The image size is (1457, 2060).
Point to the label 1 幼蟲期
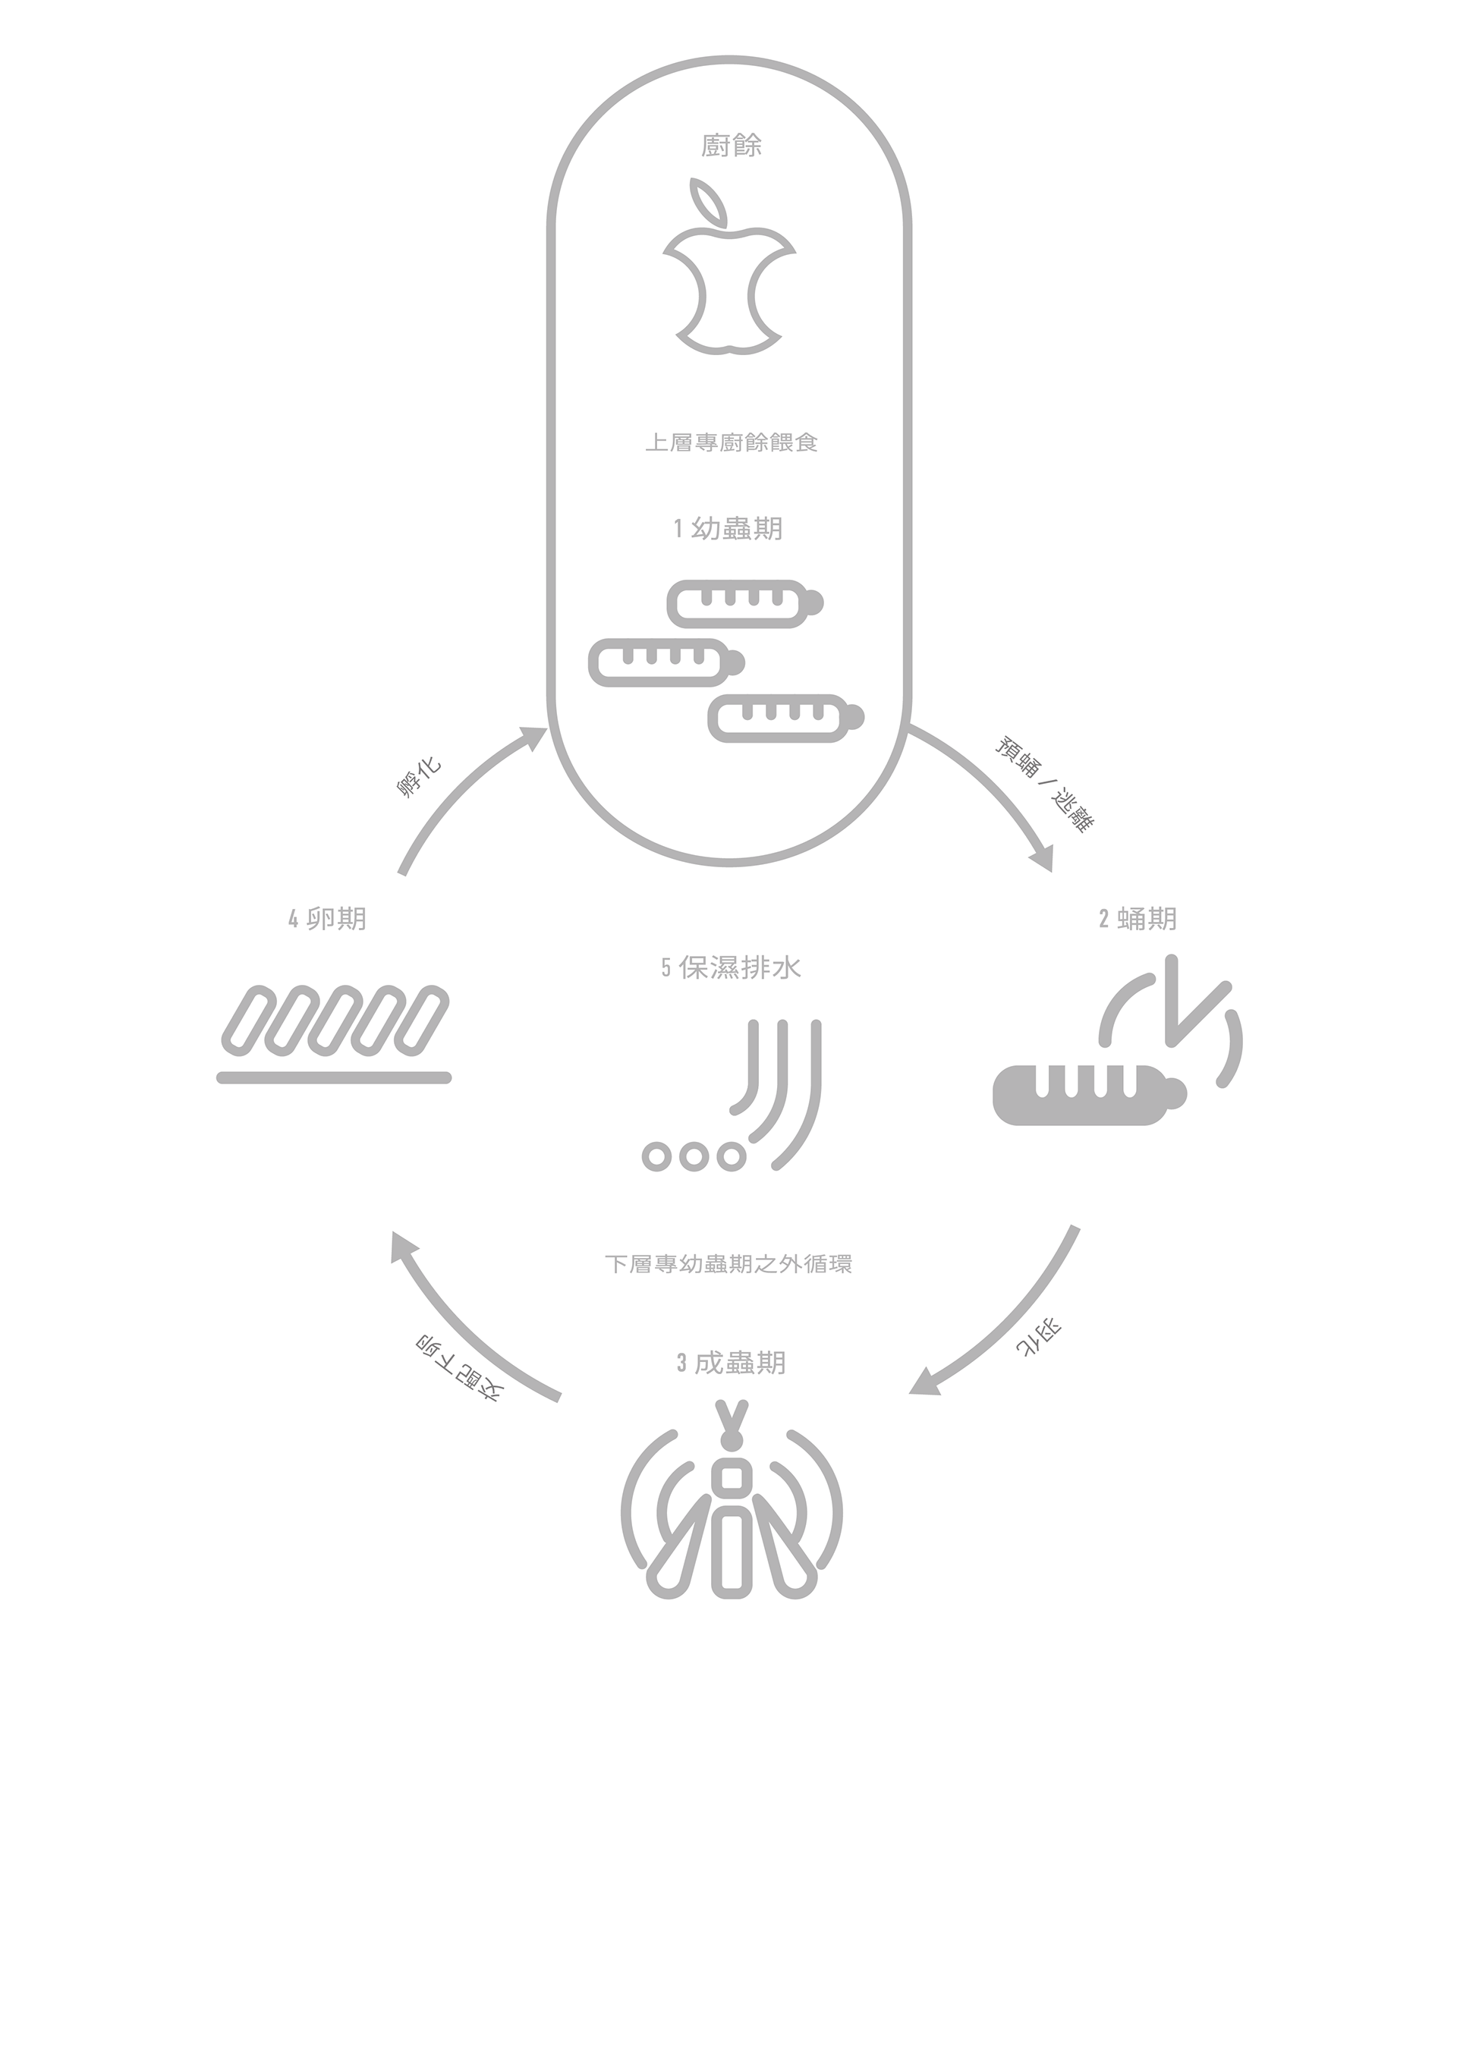[728, 528]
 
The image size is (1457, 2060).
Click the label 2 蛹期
[1137, 919]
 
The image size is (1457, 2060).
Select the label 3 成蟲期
[730, 1363]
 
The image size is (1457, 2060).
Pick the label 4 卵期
[328, 919]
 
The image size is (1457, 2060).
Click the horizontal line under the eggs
[334, 1077]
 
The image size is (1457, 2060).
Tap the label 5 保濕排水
[730, 968]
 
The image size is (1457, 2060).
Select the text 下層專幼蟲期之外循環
[728, 1264]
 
